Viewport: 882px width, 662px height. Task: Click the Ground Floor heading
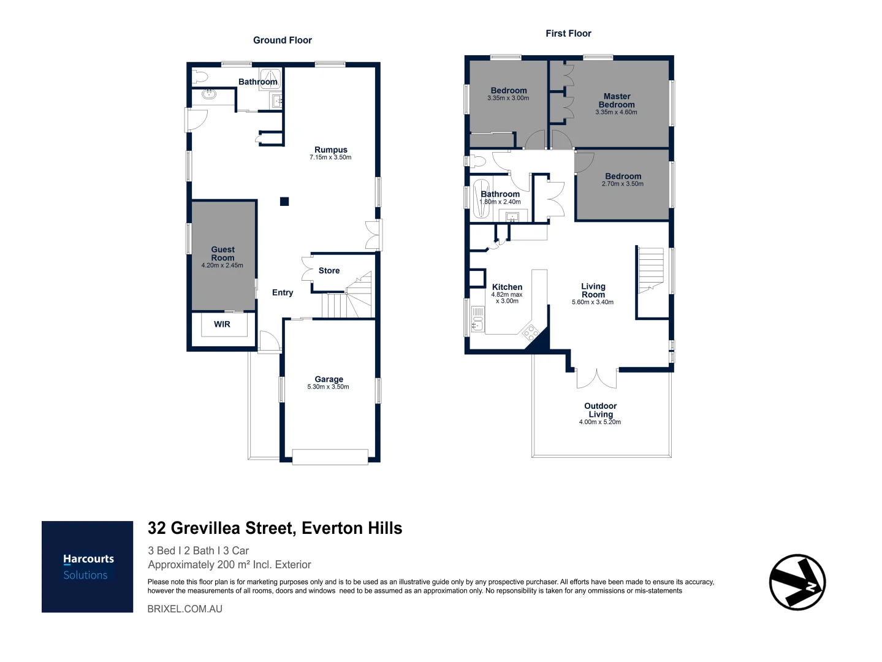[283, 40]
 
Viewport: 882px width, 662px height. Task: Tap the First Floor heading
[568, 34]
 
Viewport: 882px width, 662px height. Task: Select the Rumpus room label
[331, 150]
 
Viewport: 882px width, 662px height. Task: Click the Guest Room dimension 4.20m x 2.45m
[222, 265]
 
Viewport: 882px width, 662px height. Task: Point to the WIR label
[222, 324]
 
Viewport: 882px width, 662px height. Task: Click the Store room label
[329, 270]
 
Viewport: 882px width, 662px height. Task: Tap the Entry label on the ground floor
[283, 292]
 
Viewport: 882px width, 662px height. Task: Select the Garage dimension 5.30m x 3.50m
[328, 387]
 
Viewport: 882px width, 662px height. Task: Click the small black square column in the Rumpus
[284, 201]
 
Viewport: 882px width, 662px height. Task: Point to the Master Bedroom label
[617, 101]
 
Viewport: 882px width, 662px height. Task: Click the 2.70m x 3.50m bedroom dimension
[623, 184]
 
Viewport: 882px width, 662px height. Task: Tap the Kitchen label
[507, 287]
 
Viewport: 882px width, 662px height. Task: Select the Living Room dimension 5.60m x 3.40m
[593, 302]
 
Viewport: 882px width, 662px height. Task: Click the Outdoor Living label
[600, 410]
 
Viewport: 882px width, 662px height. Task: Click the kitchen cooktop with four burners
[530, 333]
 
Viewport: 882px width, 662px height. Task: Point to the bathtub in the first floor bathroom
[481, 199]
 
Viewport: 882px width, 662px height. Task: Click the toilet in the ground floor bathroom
[200, 77]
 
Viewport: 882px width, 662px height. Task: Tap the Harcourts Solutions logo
[88, 566]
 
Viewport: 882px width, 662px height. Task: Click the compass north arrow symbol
[797, 582]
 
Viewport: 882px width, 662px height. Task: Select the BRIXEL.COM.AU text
[185, 609]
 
